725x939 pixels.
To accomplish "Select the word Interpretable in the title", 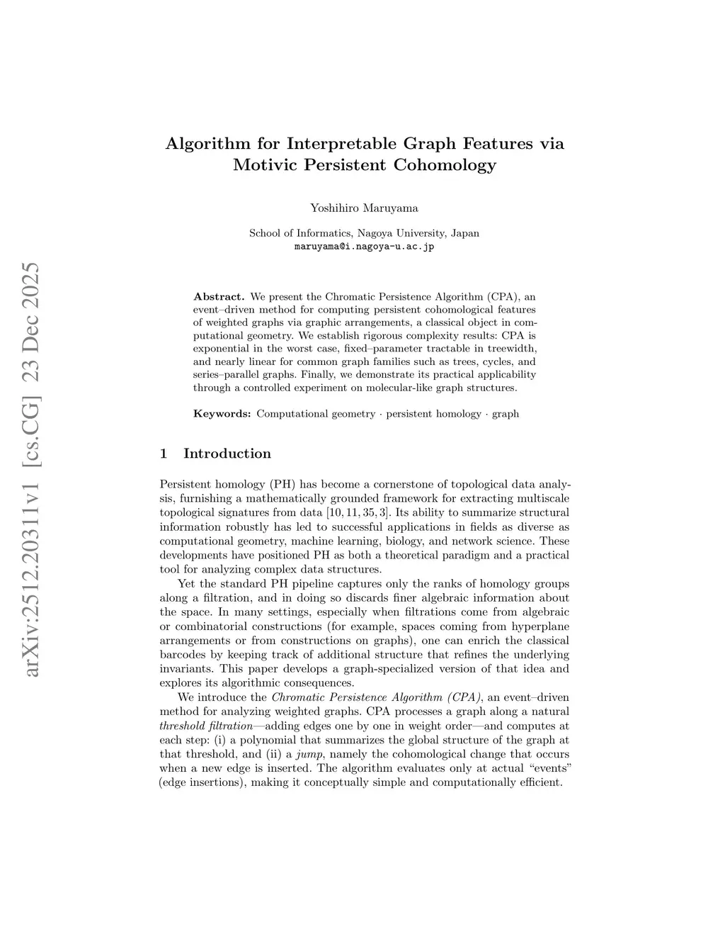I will (x=342, y=143).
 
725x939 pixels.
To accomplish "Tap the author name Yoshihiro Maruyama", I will (x=364, y=208).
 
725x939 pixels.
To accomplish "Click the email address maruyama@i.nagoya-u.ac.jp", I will (x=364, y=247).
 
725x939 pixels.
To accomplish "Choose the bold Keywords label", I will (x=222, y=413).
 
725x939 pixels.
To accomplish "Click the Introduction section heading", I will (x=227, y=454).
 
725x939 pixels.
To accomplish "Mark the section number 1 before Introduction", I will (x=164, y=454).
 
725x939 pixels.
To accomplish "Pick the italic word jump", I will (x=312, y=754).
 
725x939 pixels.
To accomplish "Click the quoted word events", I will (x=549, y=768).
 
